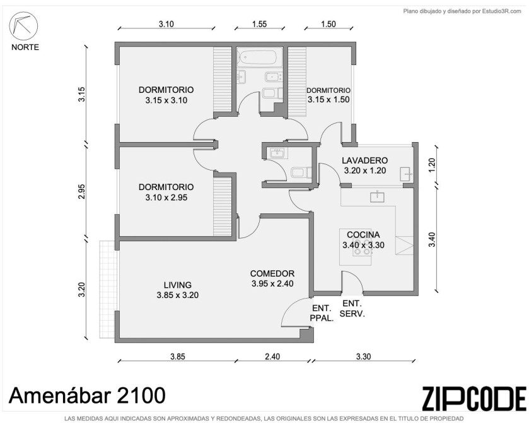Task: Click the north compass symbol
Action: (x=23, y=26)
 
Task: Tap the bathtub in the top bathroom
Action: (x=259, y=57)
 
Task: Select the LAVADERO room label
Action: (x=364, y=160)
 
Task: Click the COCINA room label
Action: (x=363, y=234)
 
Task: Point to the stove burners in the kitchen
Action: (x=362, y=247)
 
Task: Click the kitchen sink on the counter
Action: (x=377, y=196)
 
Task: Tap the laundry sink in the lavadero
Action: (x=406, y=174)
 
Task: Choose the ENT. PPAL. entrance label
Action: (x=322, y=313)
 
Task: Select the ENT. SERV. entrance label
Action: (x=352, y=309)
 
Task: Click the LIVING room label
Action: (x=177, y=285)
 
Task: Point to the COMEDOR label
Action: (x=272, y=273)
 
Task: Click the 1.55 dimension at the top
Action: (x=259, y=24)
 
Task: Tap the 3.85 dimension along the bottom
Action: (x=177, y=357)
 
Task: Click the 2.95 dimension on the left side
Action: (x=81, y=191)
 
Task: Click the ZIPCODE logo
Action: (x=474, y=399)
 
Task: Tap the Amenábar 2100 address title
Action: (x=87, y=395)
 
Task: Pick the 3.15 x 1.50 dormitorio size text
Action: (x=328, y=100)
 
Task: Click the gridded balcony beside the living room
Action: (x=107, y=289)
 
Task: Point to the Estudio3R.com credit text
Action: (x=462, y=11)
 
